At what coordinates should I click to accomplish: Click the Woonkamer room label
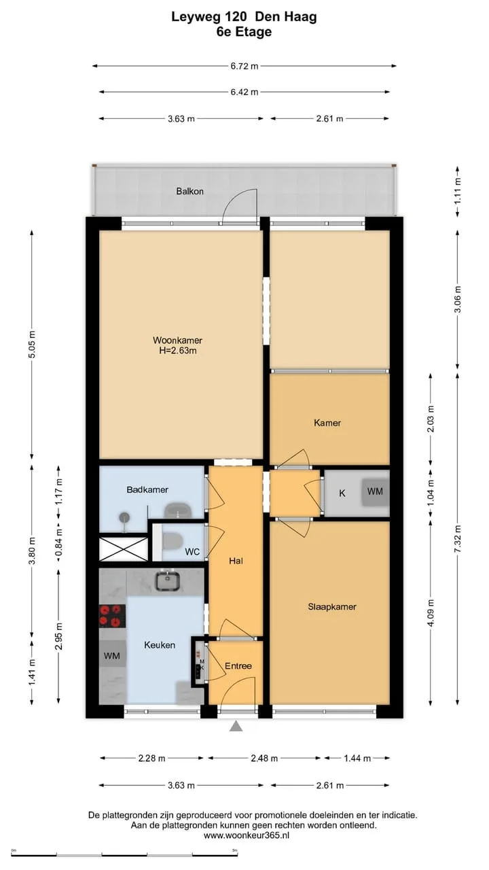pos(177,341)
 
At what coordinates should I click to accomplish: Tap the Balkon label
pos(189,191)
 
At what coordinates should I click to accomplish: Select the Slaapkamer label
pos(332,607)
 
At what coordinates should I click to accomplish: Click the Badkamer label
pos(147,489)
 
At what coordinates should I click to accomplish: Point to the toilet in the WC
pos(173,541)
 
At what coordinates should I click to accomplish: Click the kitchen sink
pos(168,581)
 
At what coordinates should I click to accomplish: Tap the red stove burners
pos(112,616)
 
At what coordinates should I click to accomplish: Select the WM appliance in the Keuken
pos(112,656)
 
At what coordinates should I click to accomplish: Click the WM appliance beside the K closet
pos(376,491)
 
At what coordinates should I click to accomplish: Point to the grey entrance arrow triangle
pos(236,726)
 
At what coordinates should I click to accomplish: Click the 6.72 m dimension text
pos(244,66)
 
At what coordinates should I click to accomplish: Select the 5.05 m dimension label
pos(32,345)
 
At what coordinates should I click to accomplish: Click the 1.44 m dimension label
pos(357,758)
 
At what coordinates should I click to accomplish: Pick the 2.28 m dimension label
pos(151,758)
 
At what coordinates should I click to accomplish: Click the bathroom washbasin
pos(178,510)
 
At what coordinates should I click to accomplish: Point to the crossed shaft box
pos(124,549)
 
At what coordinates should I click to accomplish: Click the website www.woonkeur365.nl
pos(247,835)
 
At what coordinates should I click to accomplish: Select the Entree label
pos(238,665)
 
